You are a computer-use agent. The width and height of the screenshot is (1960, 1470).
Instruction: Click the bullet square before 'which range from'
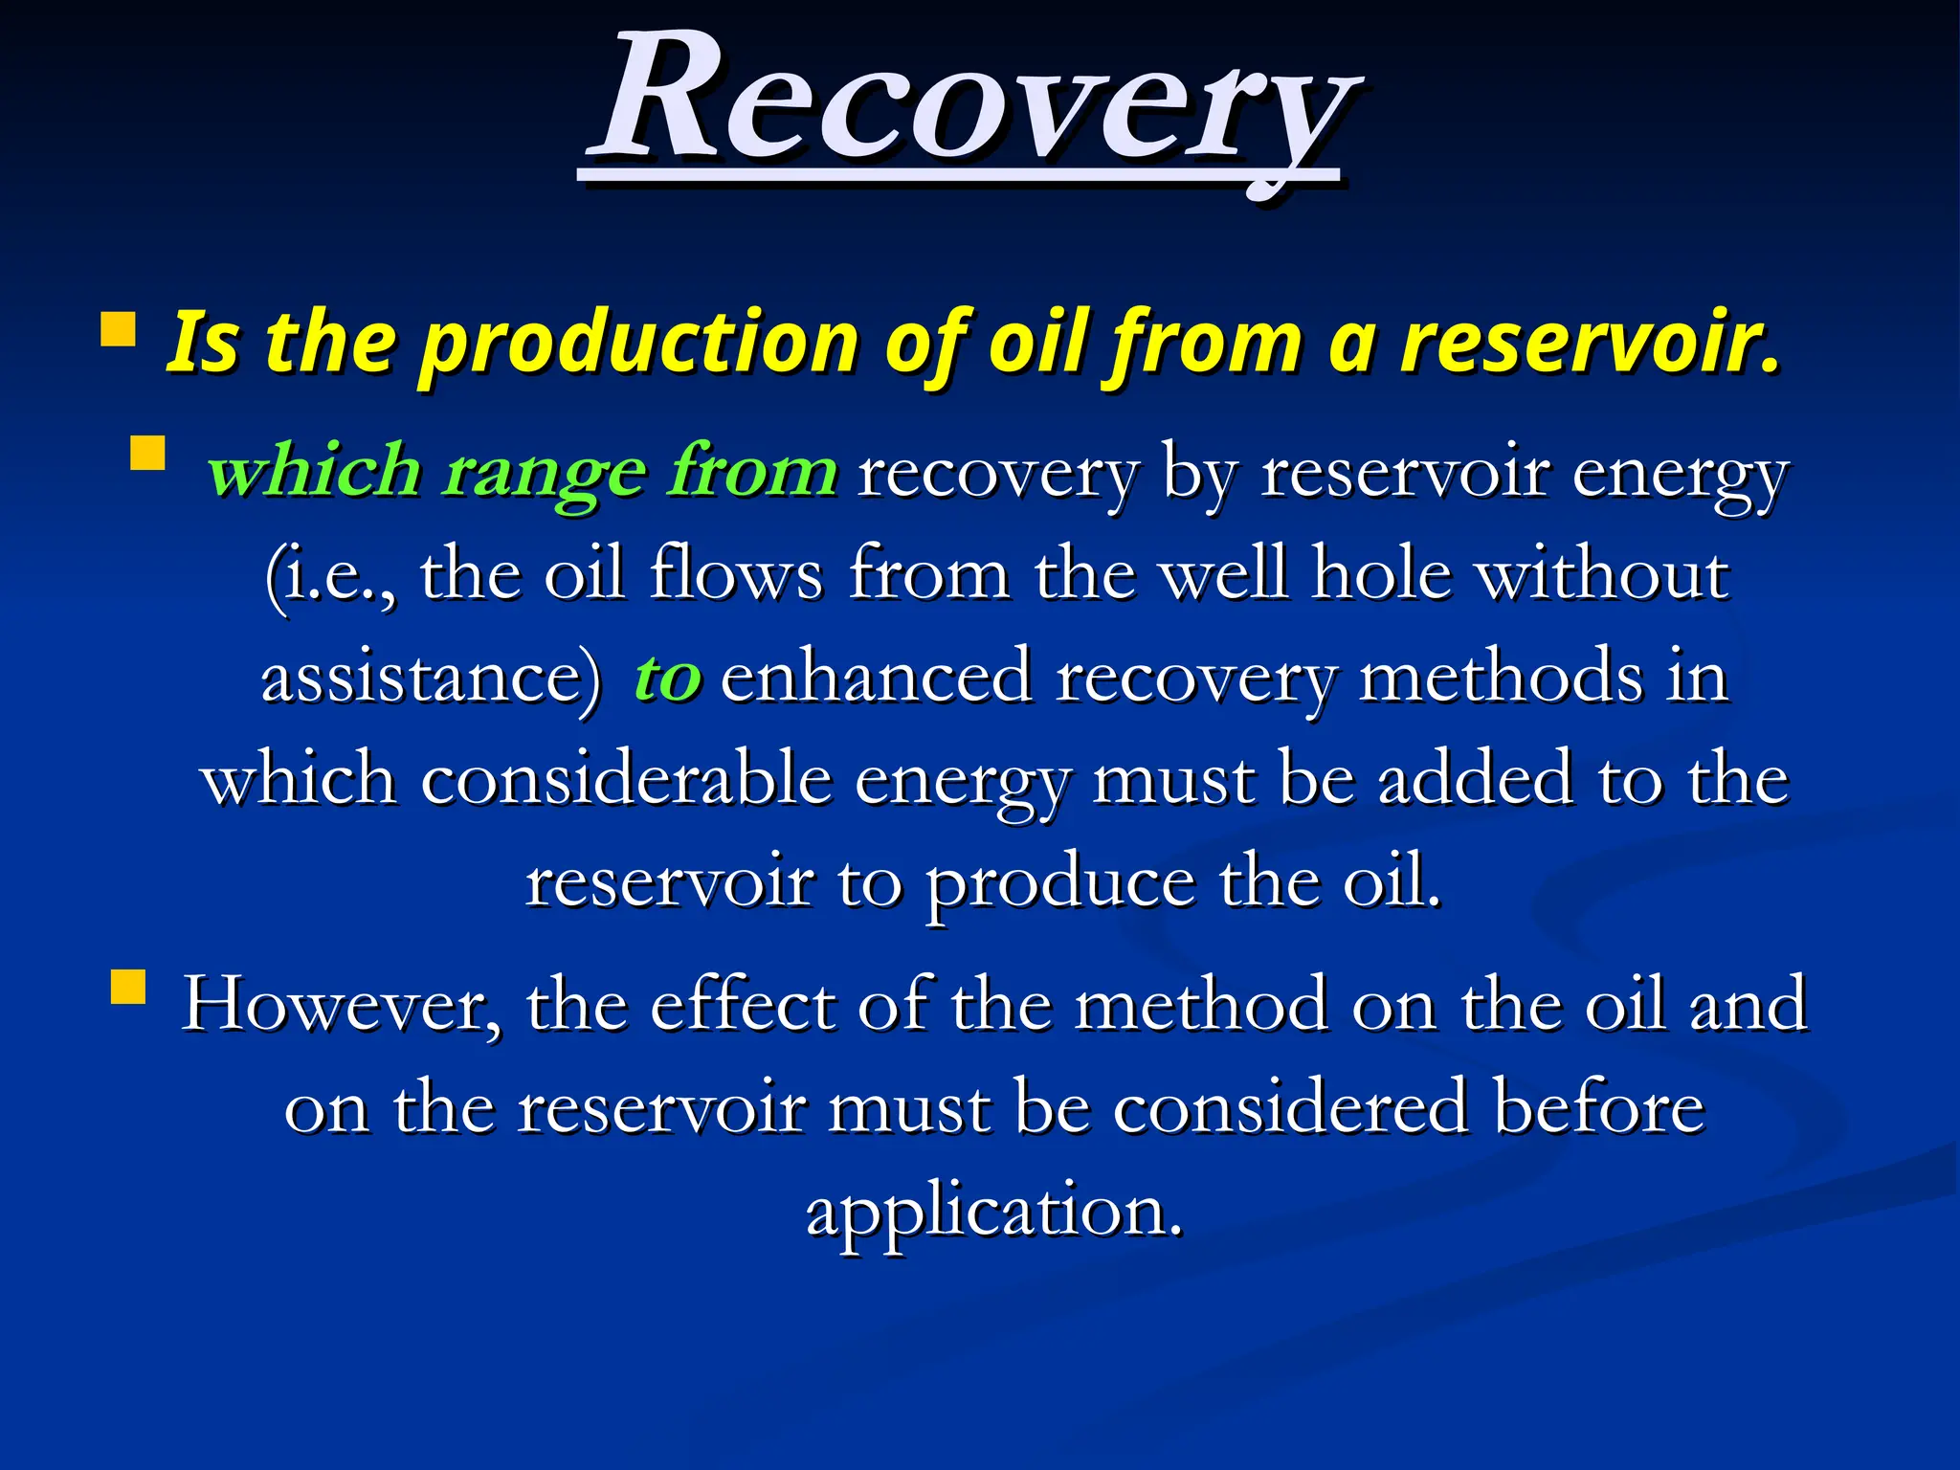[147, 453]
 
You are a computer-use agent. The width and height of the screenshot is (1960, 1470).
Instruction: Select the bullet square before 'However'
[128, 986]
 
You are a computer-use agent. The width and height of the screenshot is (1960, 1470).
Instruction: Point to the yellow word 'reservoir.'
[1589, 342]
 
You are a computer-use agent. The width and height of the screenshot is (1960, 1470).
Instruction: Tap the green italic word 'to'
[667, 678]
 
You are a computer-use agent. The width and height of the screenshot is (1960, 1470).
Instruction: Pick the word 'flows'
[735, 575]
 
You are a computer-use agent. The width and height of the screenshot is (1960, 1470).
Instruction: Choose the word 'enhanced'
[876, 678]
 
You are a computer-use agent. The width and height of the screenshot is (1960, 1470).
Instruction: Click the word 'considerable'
[626, 780]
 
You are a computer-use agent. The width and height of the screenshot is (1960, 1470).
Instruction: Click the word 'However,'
[341, 1006]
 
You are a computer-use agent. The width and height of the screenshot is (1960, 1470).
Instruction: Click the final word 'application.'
[994, 1212]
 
